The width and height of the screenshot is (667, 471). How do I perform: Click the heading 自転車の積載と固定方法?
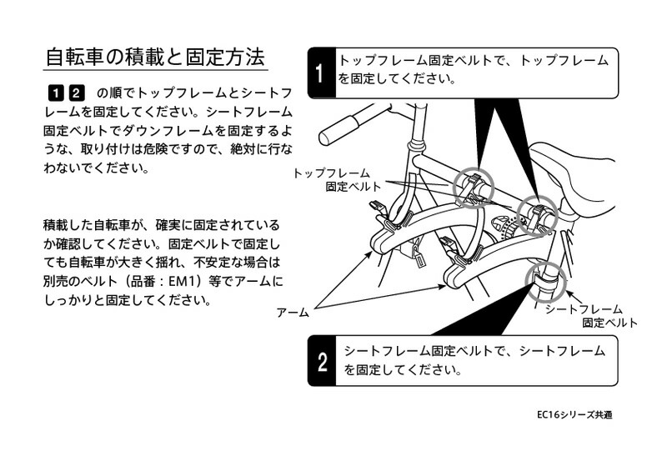click(155, 58)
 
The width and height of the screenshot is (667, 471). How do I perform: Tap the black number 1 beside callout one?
click(320, 73)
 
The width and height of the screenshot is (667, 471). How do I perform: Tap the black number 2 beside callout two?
click(322, 363)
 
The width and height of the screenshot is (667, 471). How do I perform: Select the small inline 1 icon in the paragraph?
click(57, 92)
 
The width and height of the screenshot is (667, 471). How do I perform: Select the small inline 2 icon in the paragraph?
click(77, 92)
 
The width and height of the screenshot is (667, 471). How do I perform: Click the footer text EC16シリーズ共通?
click(574, 413)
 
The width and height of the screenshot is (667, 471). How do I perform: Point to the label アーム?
click(293, 313)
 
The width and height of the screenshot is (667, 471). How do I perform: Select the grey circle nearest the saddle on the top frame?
click(535, 216)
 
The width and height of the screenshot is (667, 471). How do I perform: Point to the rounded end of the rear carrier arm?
click(457, 274)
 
